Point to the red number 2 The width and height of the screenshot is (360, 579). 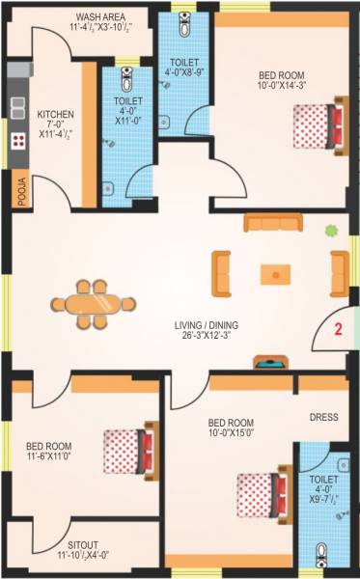point(338,328)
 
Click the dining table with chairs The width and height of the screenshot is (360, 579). point(93,306)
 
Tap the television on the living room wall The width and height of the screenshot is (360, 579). point(266,364)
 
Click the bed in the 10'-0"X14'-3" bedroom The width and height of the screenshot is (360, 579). point(319,123)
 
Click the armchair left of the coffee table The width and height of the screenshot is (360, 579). point(222,273)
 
